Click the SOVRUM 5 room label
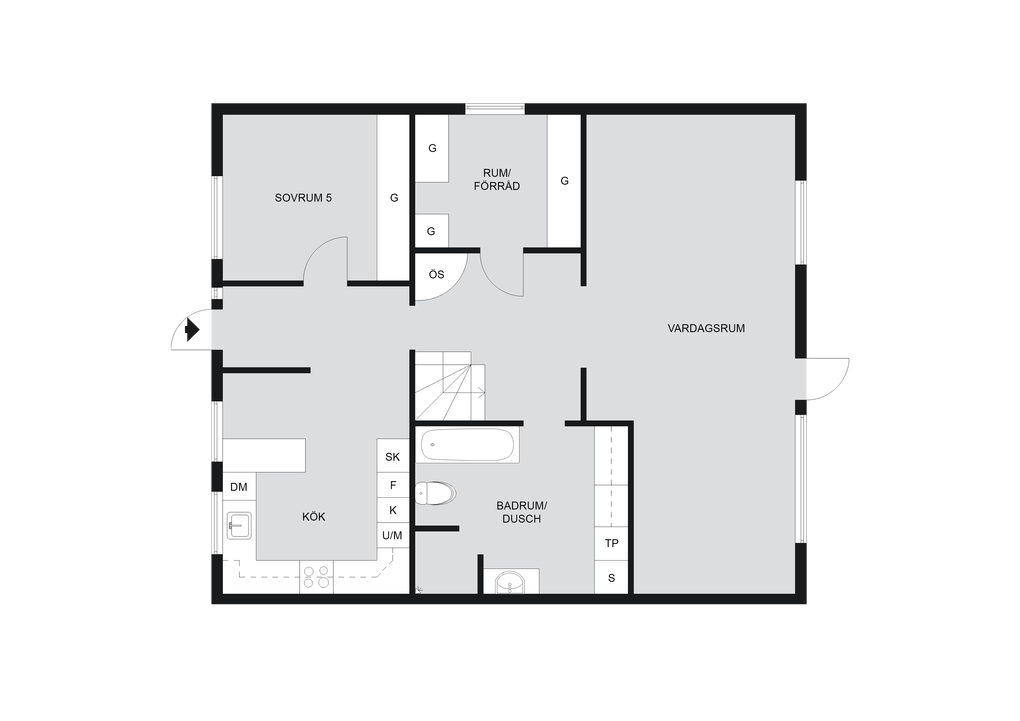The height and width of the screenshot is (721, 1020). pyautogui.click(x=303, y=198)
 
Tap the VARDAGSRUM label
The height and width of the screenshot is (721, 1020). pyautogui.click(x=706, y=329)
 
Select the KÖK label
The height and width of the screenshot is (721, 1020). pyautogui.click(x=314, y=517)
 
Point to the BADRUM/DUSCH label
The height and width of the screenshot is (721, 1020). pyautogui.click(x=522, y=512)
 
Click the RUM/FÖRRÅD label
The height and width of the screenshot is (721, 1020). pyautogui.click(x=497, y=180)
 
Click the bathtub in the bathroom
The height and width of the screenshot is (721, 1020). pyautogui.click(x=468, y=445)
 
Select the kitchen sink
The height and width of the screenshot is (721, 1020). pyautogui.click(x=239, y=525)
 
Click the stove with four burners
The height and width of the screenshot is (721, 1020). pyautogui.click(x=316, y=577)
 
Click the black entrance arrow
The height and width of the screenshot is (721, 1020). pyautogui.click(x=192, y=329)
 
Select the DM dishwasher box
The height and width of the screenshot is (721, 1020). pyautogui.click(x=239, y=486)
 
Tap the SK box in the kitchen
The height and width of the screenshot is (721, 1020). pyautogui.click(x=392, y=456)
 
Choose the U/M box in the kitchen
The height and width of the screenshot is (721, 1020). pyautogui.click(x=392, y=535)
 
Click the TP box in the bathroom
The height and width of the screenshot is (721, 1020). pyautogui.click(x=611, y=543)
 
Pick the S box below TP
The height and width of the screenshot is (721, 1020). pyautogui.click(x=611, y=578)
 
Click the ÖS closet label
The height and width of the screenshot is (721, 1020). pyautogui.click(x=436, y=274)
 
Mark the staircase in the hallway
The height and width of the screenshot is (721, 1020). pyautogui.click(x=451, y=385)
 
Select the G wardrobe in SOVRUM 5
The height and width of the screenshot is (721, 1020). pyautogui.click(x=393, y=197)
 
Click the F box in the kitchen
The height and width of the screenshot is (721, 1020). pyautogui.click(x=392, y=485)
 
